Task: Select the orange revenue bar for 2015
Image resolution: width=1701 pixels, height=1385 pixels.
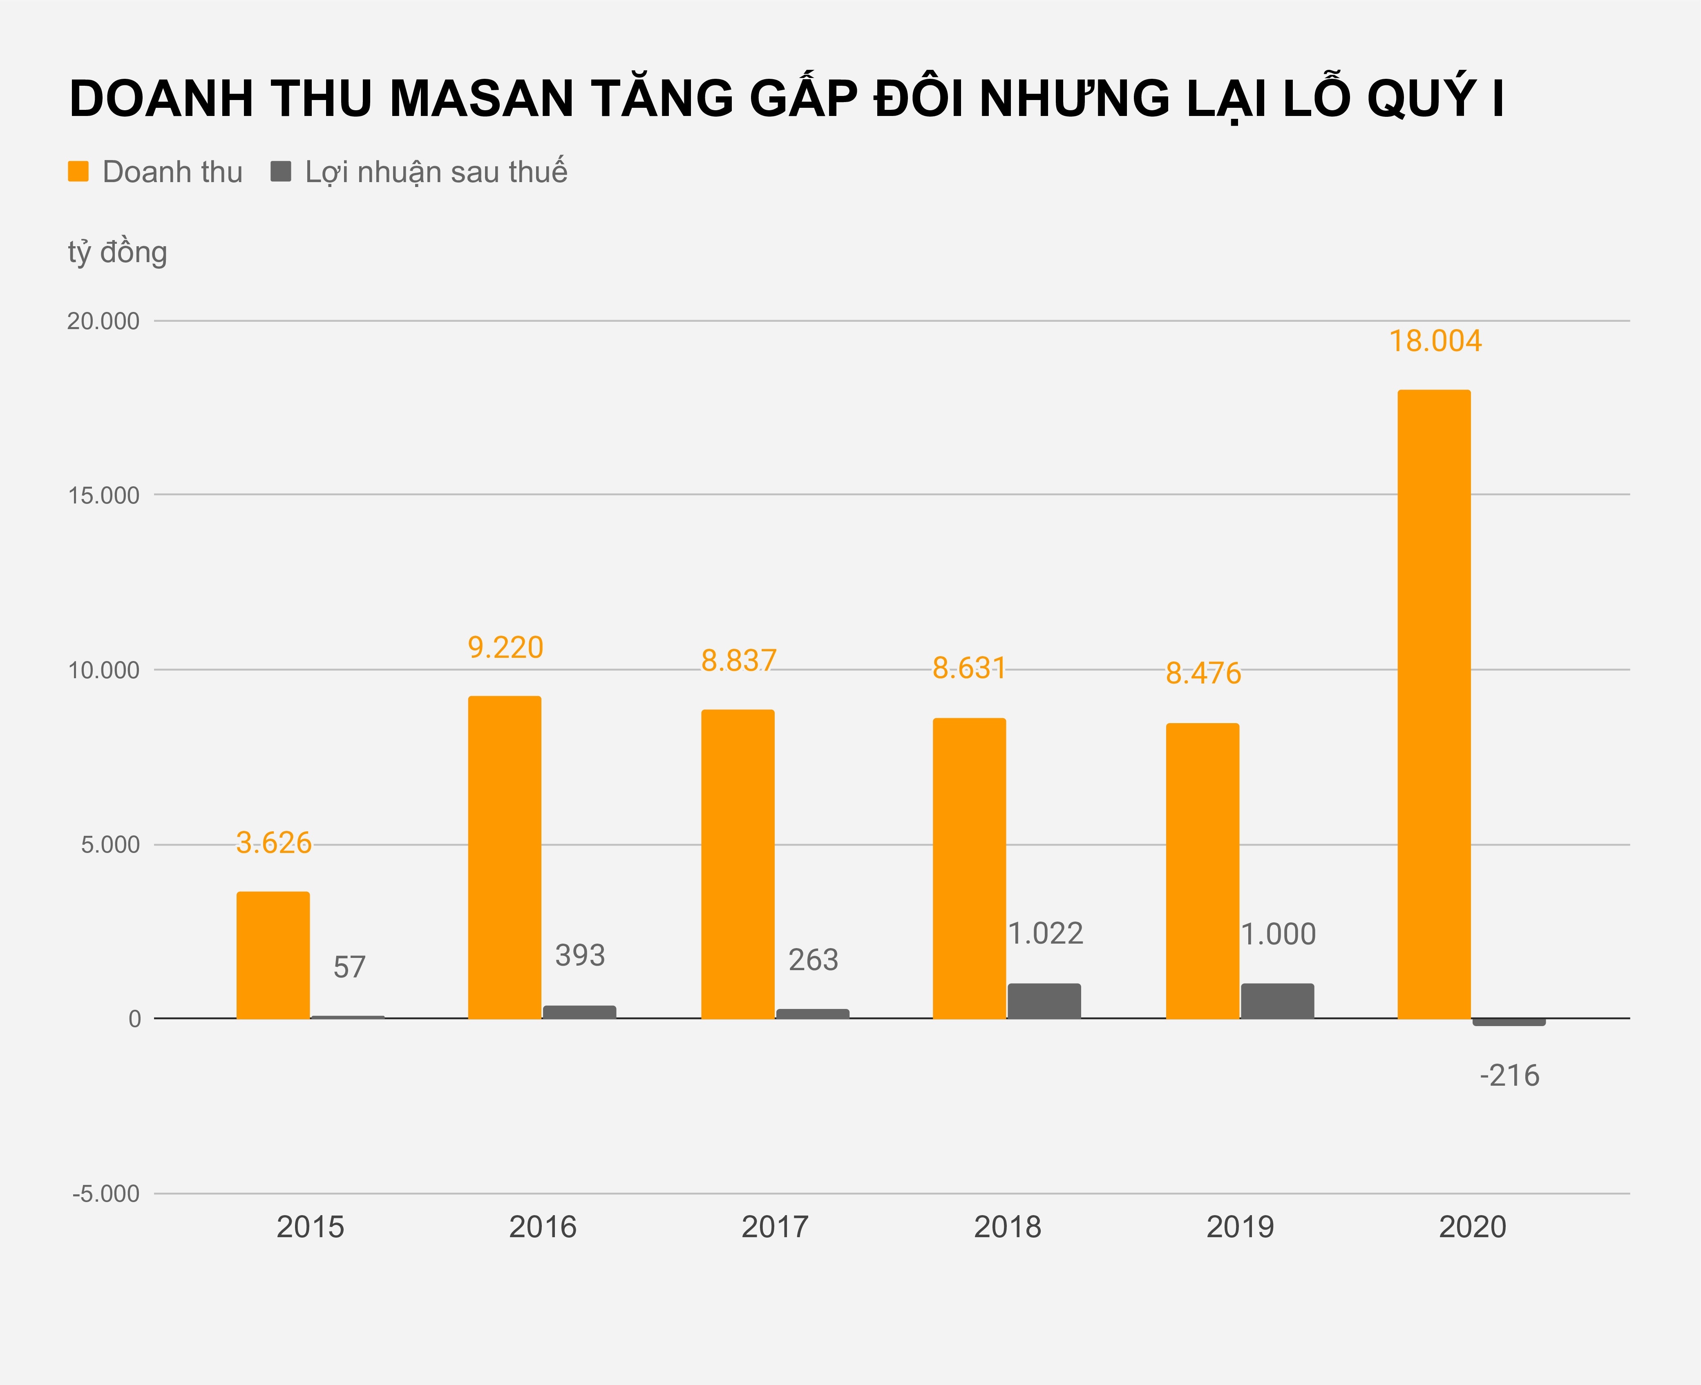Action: pyautogui.click(x=273, y=955)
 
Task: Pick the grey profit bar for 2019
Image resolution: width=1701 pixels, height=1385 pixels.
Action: pyautogui.click(x=1277, y=1001)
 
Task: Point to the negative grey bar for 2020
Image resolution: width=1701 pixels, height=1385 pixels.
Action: pyautogui.click(x=1509, y=1022)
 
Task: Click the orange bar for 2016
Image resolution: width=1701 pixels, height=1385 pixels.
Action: pyautogui.click(x=505, y=857)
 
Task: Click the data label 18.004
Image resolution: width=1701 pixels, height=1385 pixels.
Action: pyautogui.click(x=1435, y=341)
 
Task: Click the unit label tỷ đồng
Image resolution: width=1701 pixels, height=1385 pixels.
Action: pyautogui.click(x=117, y=252)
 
